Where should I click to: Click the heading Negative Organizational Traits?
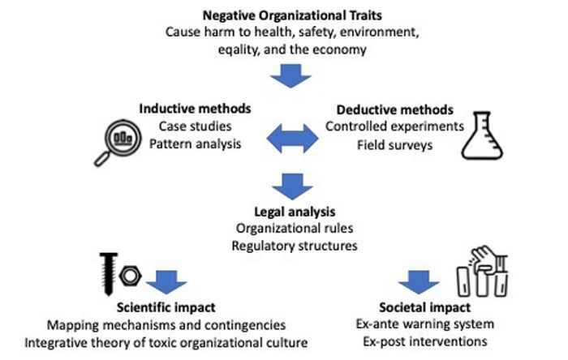click(292, 15)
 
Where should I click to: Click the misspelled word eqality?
click(239, 49)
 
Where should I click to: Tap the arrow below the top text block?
click(290, 75)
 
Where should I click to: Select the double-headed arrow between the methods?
click(292, 138)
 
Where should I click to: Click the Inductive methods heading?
click(195, 109)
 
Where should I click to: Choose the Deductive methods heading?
click(395, 109)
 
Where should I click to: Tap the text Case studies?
click(195, 126)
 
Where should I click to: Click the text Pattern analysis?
click(195, 144)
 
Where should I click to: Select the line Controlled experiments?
click(394, 126)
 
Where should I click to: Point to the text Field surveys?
click(395, 145)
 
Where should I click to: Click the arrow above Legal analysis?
click(292, 186)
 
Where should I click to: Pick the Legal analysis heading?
click(295, 212)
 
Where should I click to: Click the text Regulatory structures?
click(295, 246)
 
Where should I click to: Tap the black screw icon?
click(108, 274)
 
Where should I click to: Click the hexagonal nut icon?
click(131, 276)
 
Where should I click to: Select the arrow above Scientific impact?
click(166, 282)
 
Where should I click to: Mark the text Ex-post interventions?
click(425, 341)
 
